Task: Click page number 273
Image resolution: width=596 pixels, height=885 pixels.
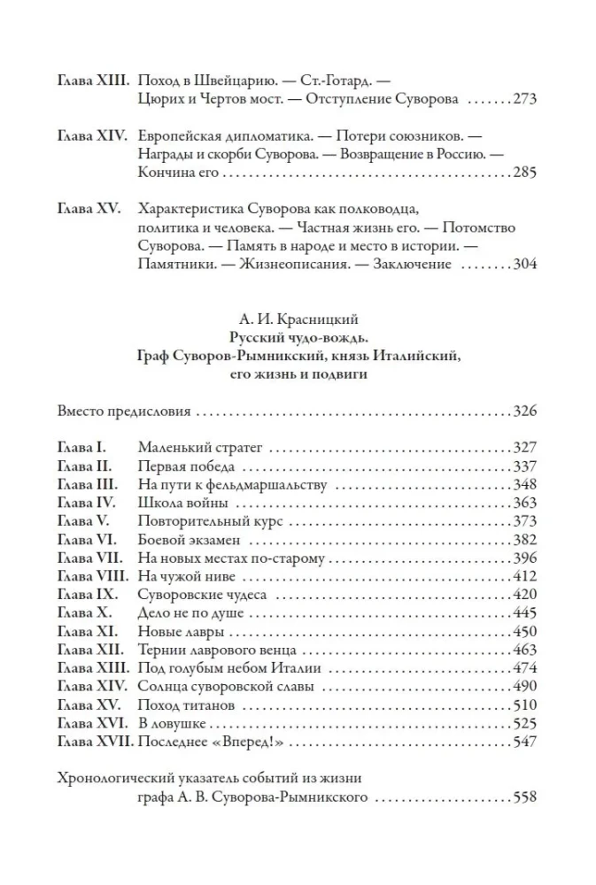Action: click(525, 99)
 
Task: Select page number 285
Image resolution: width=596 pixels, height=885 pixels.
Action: click(525, 173)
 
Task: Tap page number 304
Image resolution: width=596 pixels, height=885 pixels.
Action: click(525, 264)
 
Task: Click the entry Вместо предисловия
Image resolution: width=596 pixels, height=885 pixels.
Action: click(125, 412)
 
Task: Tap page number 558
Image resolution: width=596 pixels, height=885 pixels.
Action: click(525, 797)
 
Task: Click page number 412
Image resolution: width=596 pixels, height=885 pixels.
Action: click(525, 577)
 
